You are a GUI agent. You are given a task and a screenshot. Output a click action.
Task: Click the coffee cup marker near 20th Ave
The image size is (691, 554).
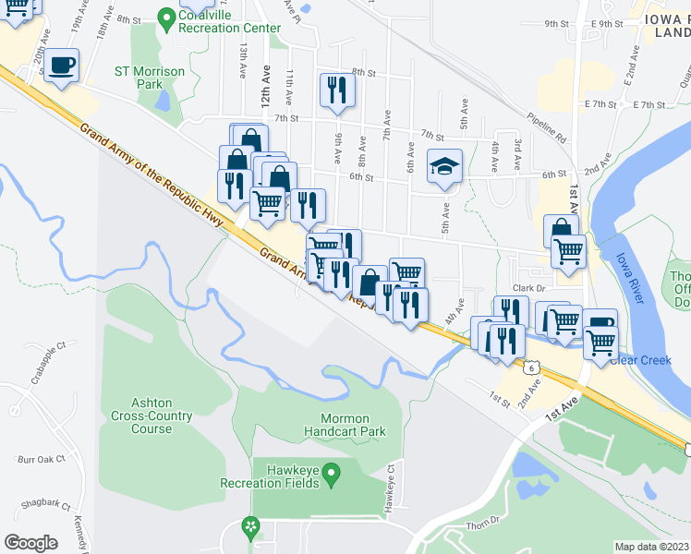[62, 66]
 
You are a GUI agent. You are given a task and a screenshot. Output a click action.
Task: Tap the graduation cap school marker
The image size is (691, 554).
[443, 167]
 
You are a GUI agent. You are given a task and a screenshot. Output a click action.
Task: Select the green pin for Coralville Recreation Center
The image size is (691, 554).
[166, 17]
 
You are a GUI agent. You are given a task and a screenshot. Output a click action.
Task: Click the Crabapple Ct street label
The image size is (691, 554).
[49, 359]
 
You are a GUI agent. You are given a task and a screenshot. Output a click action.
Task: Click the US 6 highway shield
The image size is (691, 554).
[533, 367]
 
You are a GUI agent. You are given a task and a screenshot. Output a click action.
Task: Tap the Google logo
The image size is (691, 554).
[30, 543]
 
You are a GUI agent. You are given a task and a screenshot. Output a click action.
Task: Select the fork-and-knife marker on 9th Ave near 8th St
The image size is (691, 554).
[336, 90]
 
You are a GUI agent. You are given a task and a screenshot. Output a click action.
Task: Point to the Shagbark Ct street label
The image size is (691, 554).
[47, 505]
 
